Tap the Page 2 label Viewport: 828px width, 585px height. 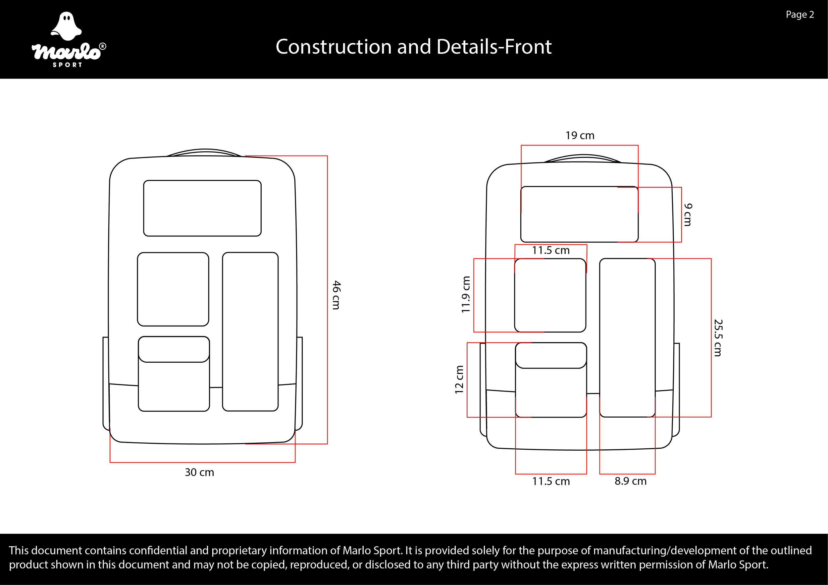(x=800, y=15)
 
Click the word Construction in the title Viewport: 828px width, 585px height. (x=333, y=47)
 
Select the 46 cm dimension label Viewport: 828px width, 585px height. (x=336, y=295)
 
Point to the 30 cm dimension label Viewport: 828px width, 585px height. (x=199, y=472)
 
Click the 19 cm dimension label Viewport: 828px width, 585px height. (x=580, y=135)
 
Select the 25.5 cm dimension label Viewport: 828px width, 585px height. (x=718, y=337)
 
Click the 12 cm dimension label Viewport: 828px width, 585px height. (x=459, y=379)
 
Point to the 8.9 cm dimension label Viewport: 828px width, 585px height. (x=630, y=481)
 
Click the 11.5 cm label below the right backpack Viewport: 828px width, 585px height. (x=551, y=481)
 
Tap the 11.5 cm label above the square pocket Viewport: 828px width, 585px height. (x=551, y=250)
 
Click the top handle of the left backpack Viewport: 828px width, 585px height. (x=204, y=152)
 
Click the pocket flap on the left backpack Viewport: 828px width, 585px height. (x=174, y=349)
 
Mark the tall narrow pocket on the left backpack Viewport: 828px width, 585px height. (x=250, y=332)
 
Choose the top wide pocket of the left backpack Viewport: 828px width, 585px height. (x=202, y=208)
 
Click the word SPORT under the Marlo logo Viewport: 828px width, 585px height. (x=68, y=65)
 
